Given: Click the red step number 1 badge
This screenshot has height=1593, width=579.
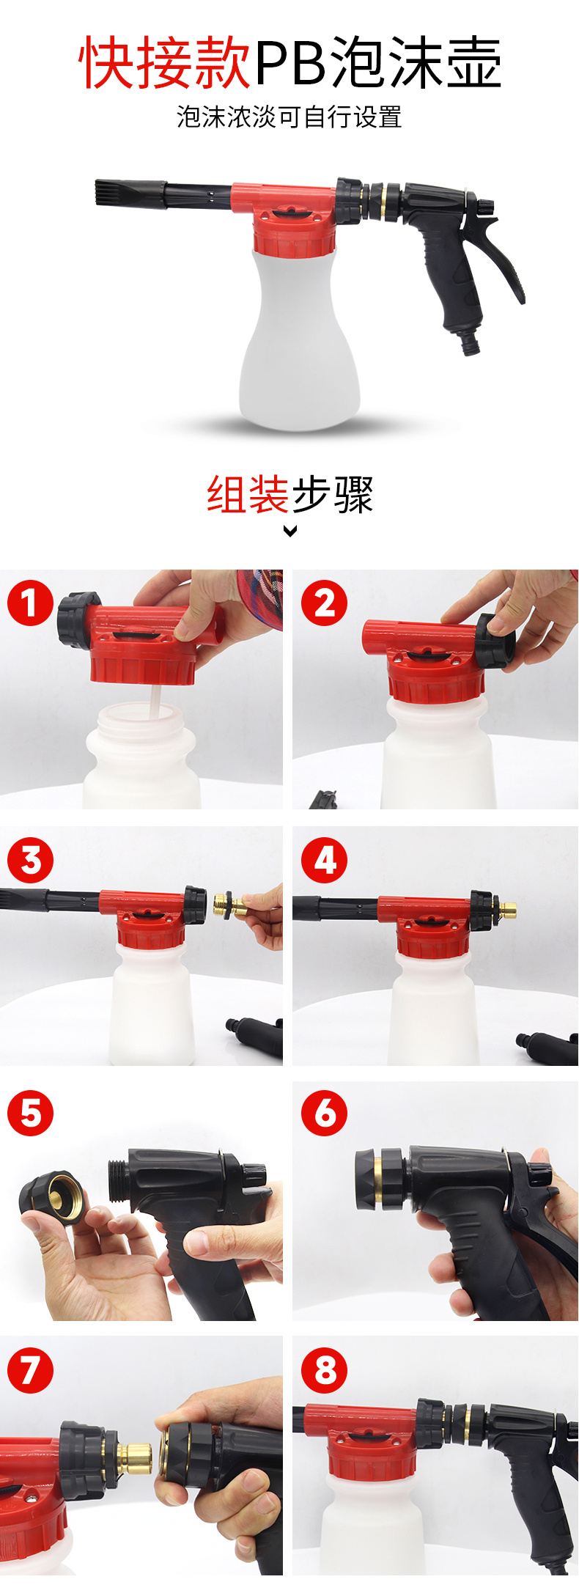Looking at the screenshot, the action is (31, 603).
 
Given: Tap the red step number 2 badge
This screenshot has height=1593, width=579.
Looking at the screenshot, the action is (325, 603).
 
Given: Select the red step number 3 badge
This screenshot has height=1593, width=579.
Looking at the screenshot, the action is (31, 860).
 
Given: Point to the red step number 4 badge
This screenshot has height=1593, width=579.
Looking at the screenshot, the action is (325, 860).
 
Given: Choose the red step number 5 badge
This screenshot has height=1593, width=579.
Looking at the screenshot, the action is (31, 1114).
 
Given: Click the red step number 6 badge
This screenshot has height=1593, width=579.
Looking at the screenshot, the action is (325, 1114).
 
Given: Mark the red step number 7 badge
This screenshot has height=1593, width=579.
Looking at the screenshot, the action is (31, 1370).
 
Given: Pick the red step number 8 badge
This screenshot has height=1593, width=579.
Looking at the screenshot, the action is (325, 1370).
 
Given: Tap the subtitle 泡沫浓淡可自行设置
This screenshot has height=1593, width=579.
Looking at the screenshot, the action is (289, 117).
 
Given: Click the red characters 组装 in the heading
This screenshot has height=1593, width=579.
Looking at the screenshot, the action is (248, 494).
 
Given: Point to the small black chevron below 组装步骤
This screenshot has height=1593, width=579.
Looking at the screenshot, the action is (290, 531).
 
